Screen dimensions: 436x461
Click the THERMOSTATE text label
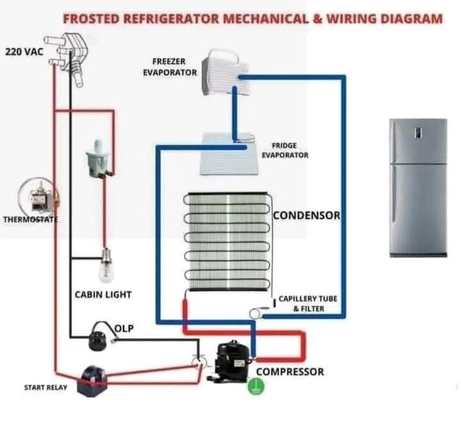tap(31, 219)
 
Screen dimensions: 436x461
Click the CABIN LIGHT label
tap(103, 295)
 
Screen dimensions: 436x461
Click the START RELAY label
tap(45, 387)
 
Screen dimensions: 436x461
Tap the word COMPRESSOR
tap(289, 372)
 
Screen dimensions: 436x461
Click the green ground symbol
tap(255, 387)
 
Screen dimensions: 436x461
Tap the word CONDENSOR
tap(306, 215)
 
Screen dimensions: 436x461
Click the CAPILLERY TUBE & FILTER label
tap(307, 304)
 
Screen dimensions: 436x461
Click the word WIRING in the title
tap(356, 18)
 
